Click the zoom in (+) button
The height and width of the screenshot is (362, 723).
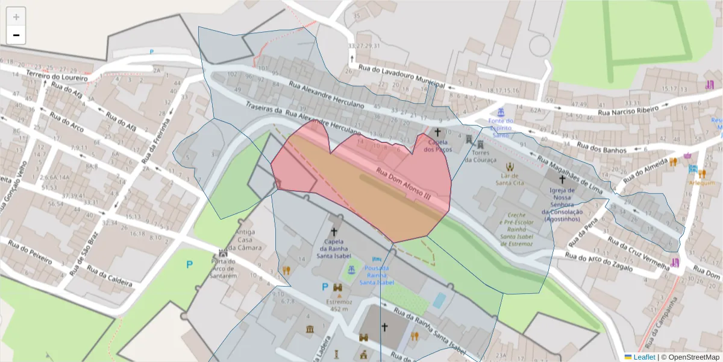tap(16, 17)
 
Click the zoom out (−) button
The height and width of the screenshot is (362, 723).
tap(16, 35)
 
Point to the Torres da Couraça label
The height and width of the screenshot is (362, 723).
tap(480, 156)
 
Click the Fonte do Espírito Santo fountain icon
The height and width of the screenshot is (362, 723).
tap(500, 112)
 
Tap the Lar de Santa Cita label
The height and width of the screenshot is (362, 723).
tap(510, 179)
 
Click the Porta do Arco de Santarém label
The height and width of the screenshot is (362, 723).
tap(223, 269)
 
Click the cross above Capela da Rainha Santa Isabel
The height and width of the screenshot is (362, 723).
tap(334, 232)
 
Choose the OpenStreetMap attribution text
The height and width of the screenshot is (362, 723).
tap(690, 357)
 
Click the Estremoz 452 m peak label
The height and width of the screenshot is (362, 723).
tap(339, 305)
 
